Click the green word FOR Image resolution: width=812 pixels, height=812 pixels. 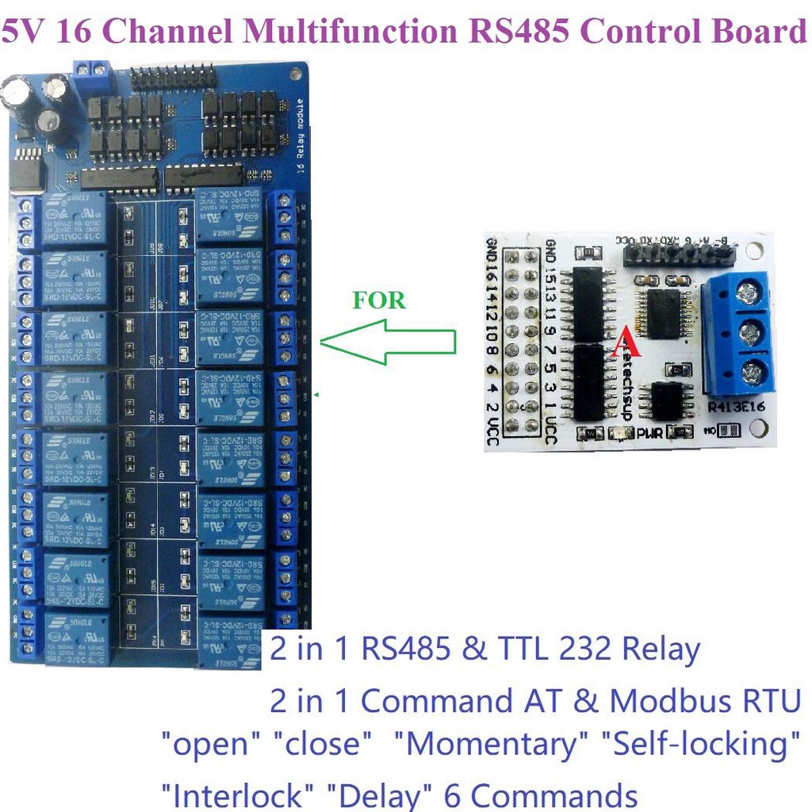point(379,301)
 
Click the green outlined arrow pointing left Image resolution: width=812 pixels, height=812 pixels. point(389,343)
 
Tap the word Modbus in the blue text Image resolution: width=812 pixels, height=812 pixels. point(662,701)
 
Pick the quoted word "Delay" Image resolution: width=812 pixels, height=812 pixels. point(383,795)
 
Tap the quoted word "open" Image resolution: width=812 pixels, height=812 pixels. point(211,745)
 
